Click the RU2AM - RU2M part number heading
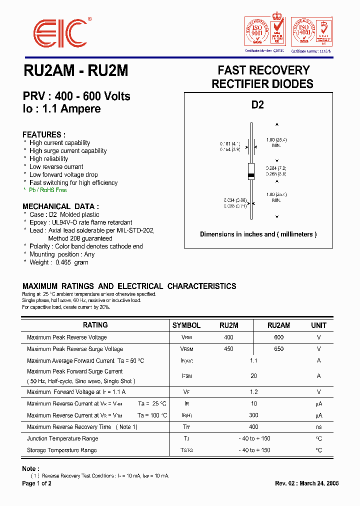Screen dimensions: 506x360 (75, 71)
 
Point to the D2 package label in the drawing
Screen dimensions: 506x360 (257, 105)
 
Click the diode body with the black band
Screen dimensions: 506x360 (252, 171)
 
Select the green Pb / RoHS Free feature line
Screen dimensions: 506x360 (48, 190)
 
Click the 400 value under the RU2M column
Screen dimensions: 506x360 (228, 337)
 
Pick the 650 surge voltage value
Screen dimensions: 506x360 (278, 349)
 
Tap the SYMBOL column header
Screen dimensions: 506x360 (186, 325)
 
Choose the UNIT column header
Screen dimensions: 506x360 (318, 325)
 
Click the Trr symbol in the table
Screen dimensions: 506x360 (186, 427)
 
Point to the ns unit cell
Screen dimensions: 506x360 (318, 427)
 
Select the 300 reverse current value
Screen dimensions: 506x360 (254, 415)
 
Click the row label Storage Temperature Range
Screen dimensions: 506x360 (62, 450)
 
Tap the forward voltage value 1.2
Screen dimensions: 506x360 (254, 392)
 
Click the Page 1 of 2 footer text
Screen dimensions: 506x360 (37, 483)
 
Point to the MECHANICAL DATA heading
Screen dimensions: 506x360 (60, 206)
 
